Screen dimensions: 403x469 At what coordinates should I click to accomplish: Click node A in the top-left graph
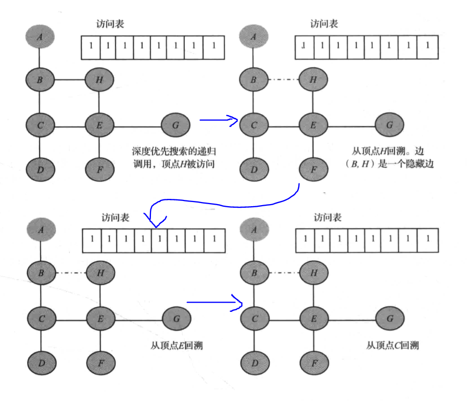click(x=40, y=36)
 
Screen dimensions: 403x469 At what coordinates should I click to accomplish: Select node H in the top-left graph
click(x=99, y=80)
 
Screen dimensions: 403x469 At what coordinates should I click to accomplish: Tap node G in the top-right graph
click(x=390, y=125)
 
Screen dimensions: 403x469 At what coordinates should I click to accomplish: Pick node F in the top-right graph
click(x=313, y=170)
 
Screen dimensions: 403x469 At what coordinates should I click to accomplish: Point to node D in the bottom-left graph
click(x=40, y=360)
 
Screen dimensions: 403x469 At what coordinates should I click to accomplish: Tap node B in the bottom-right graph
click(x=254, y=272)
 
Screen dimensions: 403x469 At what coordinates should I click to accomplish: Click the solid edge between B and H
click(x=69, y=80)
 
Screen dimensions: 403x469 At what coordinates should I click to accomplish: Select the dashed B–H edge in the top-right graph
click(x=284, y=80)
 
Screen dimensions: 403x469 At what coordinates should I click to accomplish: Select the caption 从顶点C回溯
click(x=392, y=345)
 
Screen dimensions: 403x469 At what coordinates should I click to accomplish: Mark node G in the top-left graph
click(x=176, y=125)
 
